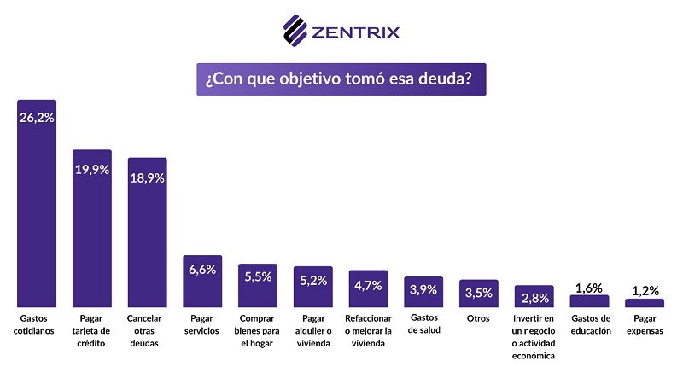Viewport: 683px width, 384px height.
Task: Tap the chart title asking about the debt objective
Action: coord(341,79)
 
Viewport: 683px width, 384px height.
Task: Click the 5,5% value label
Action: coord(257,276)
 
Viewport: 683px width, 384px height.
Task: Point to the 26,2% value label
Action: coord(37,118)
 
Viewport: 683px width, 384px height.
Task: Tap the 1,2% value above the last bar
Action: coord(645,290)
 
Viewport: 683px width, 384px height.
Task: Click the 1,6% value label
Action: coord(589,288)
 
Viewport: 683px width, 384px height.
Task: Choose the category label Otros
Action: coord(478,319)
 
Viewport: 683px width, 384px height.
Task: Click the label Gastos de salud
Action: coord(423,325)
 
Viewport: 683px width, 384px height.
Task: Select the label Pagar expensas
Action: coord(645,325)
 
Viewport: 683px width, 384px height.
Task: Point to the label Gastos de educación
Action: coord(589,325)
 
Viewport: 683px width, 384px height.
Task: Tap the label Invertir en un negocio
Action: coord(534,337)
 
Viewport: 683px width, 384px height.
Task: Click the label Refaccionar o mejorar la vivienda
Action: coord(368,331)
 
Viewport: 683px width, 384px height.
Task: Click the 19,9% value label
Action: coord(91,169)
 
